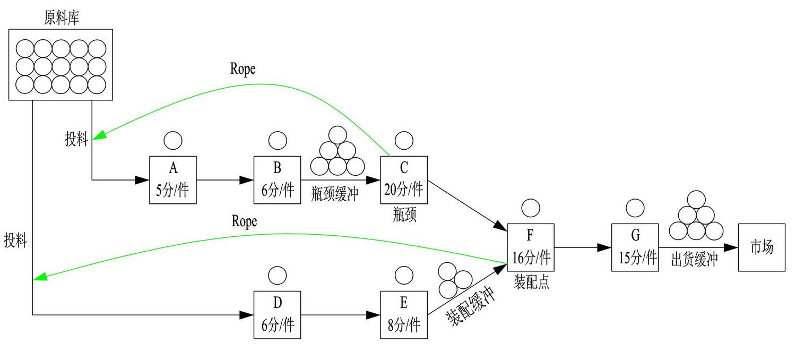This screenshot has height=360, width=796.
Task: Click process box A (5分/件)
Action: pyautogui.click(x=173, y=180)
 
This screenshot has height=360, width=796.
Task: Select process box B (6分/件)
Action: pyautogui.click(x=277, y=180)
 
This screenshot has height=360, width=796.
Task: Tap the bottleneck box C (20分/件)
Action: pyautogui.click(x=404, y=180)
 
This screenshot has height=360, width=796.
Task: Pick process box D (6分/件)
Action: pyautogui.click(x=277, y=315)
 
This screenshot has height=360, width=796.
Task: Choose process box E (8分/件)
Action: pyautogui.click(x=404, y=315)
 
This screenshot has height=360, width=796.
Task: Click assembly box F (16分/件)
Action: pyautogui.click(x=531, y=247)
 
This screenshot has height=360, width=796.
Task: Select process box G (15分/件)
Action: pyautogui.click(x=635, y=247)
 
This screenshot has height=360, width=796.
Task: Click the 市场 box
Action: pyautogui.click(x=762, y=247)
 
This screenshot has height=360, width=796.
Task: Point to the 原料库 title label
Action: pyautogui.click(x=62, y=19)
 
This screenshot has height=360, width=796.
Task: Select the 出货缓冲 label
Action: pyautogui.click(x=694, y=260)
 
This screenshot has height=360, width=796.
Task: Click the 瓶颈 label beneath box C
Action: pyautogui.click(x=404, y=215)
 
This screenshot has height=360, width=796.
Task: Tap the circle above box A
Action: pyautogui.click(x=173, y=140)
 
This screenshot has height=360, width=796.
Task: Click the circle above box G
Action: pyautogui.click(x=635, y=208)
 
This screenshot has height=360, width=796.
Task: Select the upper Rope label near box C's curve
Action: pyautogui.click(x=243, y=69)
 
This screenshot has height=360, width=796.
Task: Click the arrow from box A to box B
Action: pyautogui.click(x=225, y=180)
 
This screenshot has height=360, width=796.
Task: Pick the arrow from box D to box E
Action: pyautogui.click(x=340, y=315)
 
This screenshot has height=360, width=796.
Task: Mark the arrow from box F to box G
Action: pyautogui.click(x=583, y=247)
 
